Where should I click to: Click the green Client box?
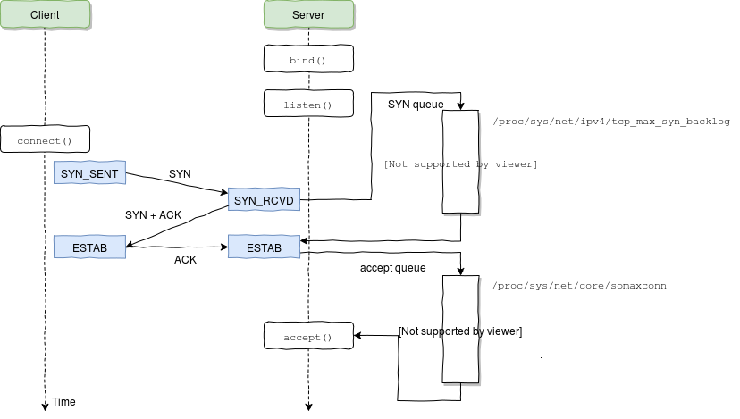[x=45, y=15]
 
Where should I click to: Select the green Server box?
[x=308, y=15]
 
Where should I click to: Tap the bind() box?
[x=308, y=60]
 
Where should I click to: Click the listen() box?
[x=308, y=105]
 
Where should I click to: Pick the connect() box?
[x=45, y=140]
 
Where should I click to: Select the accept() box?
[x=308, y=337]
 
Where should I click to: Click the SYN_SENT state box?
[x=89, y=172]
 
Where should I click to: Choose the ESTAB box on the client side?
[x=89, y=247]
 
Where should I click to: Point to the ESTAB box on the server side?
[x=264, y=247]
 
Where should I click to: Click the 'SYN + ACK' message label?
[x=154, y=215]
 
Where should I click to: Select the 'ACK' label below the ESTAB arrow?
[x=185, y=260]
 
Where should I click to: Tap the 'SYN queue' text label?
[x=415, y=105]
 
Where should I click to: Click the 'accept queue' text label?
[x=392, y=267]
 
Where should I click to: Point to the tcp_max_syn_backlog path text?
[x=611, y=122]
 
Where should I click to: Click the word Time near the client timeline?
[x=63, y=402]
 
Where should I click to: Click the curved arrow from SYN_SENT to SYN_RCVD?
[x=179, y=183]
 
